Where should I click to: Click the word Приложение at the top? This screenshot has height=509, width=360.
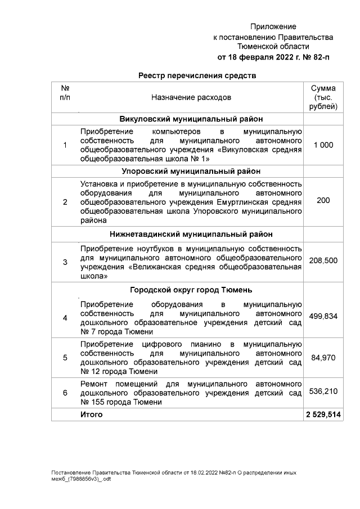273,26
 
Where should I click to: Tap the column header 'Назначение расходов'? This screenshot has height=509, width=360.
191,97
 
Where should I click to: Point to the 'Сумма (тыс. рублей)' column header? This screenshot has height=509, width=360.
323,97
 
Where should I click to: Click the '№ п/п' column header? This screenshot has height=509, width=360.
65,93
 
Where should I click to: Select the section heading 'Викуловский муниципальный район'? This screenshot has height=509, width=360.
191,119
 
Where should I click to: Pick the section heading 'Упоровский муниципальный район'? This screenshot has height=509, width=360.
191,171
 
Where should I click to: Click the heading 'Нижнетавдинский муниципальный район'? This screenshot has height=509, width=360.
191,234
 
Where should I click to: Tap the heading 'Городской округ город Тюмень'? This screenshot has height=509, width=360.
191,290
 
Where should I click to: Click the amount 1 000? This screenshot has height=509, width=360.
323,145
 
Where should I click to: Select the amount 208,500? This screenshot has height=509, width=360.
323,262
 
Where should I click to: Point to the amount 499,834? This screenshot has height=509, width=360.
323,317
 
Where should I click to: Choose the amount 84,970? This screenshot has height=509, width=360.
323,357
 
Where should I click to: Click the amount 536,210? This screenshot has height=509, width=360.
323,392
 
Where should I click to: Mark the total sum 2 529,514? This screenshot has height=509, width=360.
323,415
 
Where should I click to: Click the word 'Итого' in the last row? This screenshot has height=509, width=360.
92,415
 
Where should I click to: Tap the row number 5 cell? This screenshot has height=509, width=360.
65,357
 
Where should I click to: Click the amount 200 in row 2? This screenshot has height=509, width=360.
323,200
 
